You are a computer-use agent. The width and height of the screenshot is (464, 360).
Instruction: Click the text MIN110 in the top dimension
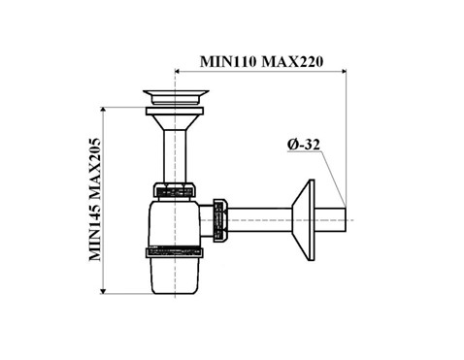click(x=228, y=61)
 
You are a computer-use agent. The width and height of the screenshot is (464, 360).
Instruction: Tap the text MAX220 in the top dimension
click(x=292, y=61)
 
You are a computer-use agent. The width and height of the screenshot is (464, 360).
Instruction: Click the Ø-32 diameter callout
click(x=304, y=145)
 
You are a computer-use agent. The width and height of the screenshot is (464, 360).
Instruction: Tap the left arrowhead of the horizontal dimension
click(x=178, y=71)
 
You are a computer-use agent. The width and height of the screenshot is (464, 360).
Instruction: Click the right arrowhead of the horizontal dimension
click(x=344, y=71)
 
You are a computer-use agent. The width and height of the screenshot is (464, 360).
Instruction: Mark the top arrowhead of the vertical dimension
click(x=103, y=110)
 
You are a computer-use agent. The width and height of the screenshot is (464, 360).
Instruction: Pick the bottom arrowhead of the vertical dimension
click(x=103, y=291)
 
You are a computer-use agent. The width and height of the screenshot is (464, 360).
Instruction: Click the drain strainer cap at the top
click(x=176, y=97)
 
